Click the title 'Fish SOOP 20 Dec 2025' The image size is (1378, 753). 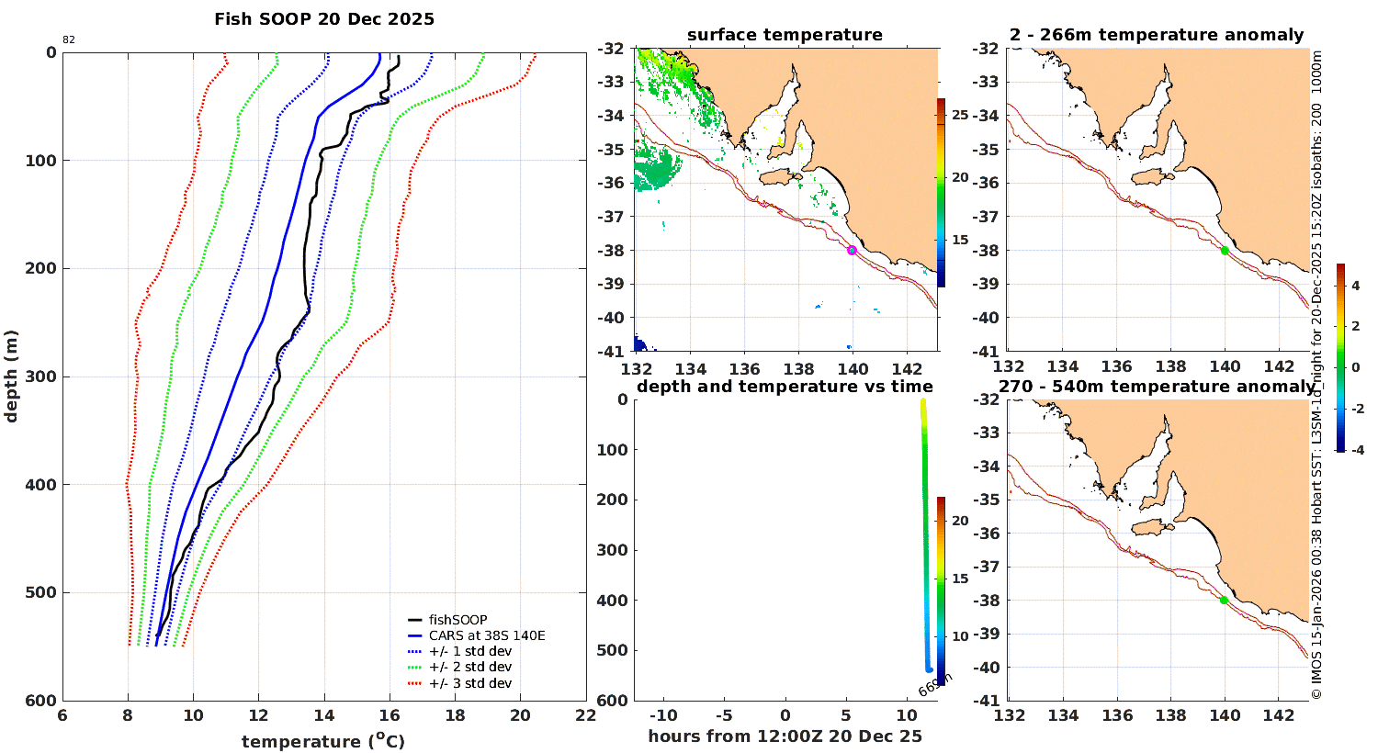(324, 19)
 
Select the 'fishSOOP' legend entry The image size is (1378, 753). (457, 620)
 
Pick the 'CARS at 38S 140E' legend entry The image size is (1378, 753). (487, 635)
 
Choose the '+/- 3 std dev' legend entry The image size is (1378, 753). (469, 683)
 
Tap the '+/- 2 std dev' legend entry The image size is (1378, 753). (469, 667)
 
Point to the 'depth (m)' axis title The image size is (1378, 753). (11, 376)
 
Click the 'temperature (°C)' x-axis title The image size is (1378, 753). (323, 741)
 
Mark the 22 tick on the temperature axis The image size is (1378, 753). (585, 716)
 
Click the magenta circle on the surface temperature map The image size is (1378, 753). (853, 250)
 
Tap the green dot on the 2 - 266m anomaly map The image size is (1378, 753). (1225, 250)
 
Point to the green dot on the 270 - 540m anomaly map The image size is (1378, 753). (1224, 600)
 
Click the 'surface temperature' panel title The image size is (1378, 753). (785, 35)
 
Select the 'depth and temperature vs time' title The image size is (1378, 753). (785, 387)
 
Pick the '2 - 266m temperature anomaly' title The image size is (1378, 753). (1156, 35)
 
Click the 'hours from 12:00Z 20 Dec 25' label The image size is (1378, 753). (785, 736)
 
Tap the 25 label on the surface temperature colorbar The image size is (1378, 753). (960, 115)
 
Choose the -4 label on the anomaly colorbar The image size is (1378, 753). (1356, 449)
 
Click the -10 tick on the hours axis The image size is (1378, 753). (663, 716)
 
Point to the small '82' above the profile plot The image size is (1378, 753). (69, 39)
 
